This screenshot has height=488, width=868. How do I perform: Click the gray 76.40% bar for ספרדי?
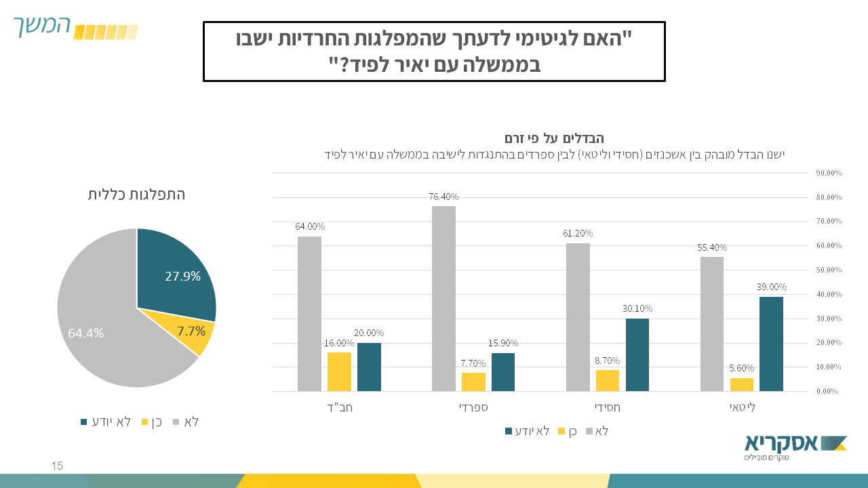coord(443,298)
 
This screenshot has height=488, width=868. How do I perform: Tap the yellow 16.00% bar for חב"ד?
coord(339,371)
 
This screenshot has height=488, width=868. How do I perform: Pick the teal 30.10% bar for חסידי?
coord(637,354)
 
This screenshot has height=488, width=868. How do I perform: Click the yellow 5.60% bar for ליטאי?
coord(741,384)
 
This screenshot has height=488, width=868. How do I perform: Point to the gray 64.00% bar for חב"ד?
coord(309,313)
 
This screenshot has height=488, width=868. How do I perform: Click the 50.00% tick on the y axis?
coord(829,270)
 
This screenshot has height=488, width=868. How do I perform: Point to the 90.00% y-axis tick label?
coord(829,173)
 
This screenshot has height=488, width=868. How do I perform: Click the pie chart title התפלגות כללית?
coord(136,195)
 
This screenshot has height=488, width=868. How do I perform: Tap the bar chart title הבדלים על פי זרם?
coord(553,139)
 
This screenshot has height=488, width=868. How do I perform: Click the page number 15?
coord(57,466)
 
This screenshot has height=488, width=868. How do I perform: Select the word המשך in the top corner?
coord(41,26)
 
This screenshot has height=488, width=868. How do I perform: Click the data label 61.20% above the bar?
coord(578,233)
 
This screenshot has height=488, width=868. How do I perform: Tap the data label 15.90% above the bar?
coord(504,343)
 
